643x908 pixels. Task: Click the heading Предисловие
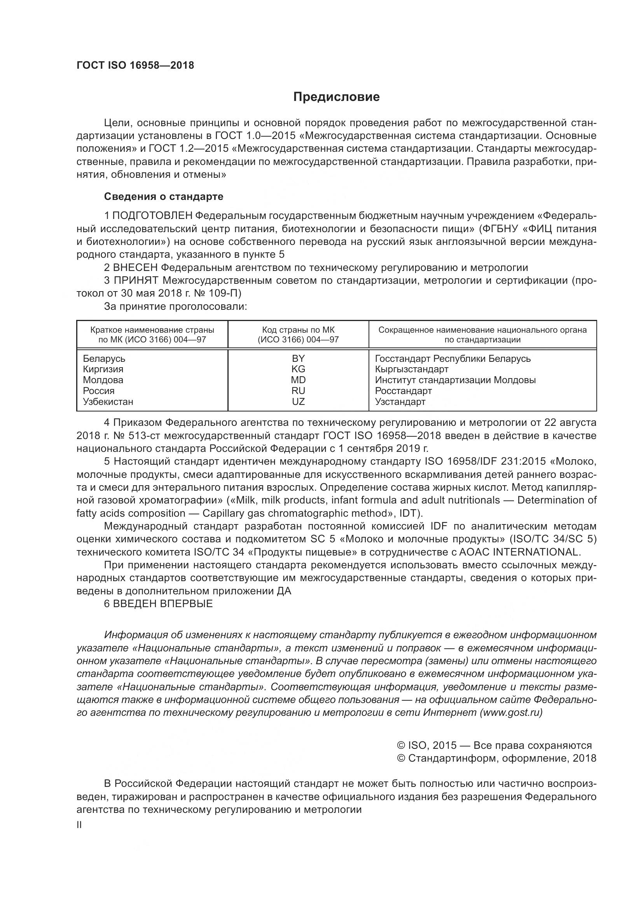pos(336,97)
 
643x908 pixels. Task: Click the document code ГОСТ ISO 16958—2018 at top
pos(135,66)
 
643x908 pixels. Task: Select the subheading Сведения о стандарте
pos(163,196)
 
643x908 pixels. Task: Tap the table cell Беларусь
pos(104,359)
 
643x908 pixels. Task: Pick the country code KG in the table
pos(298,369)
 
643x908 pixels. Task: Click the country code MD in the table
pos(298,380)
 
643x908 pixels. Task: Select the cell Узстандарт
pos(400,402)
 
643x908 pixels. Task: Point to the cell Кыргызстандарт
pos(411,369)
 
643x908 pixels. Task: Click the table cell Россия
pos(99,391)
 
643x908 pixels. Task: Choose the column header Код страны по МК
pos(298,330)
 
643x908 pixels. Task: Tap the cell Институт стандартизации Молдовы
pos(455,380)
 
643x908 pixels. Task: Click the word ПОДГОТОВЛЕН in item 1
pos(153,216)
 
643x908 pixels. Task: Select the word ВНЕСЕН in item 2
pos(135,268)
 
